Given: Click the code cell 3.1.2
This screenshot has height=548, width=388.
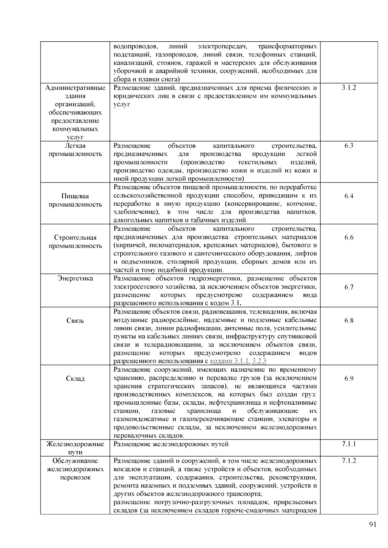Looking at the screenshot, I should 349,88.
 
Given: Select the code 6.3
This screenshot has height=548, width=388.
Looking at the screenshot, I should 349,146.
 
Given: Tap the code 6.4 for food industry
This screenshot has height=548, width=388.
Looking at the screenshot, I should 349,196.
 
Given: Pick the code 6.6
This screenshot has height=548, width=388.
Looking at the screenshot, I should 349,237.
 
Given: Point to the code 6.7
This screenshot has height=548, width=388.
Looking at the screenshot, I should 349,287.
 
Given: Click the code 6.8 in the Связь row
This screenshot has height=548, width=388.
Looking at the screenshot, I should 349,320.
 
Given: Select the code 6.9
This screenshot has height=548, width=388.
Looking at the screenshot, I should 349,378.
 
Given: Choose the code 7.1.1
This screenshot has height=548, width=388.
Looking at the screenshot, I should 349,444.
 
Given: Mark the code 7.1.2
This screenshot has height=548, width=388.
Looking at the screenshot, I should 349,461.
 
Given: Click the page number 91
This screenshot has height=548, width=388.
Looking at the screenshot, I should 372,524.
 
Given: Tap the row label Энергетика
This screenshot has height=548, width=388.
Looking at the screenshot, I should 75,278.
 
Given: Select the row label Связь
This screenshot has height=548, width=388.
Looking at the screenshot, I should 75,321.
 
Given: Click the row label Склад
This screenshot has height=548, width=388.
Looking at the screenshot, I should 75,378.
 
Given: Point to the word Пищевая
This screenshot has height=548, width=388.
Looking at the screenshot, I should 75,196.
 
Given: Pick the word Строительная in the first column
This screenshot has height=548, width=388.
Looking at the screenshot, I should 75,238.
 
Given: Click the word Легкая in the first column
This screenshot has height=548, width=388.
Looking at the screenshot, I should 75,146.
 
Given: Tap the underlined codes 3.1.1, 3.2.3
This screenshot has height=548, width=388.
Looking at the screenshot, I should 239,361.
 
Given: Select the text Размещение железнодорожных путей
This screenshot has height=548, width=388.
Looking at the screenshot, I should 171,444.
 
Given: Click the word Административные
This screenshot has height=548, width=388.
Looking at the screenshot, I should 75,88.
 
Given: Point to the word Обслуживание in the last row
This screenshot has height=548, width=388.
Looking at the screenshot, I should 75,461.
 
